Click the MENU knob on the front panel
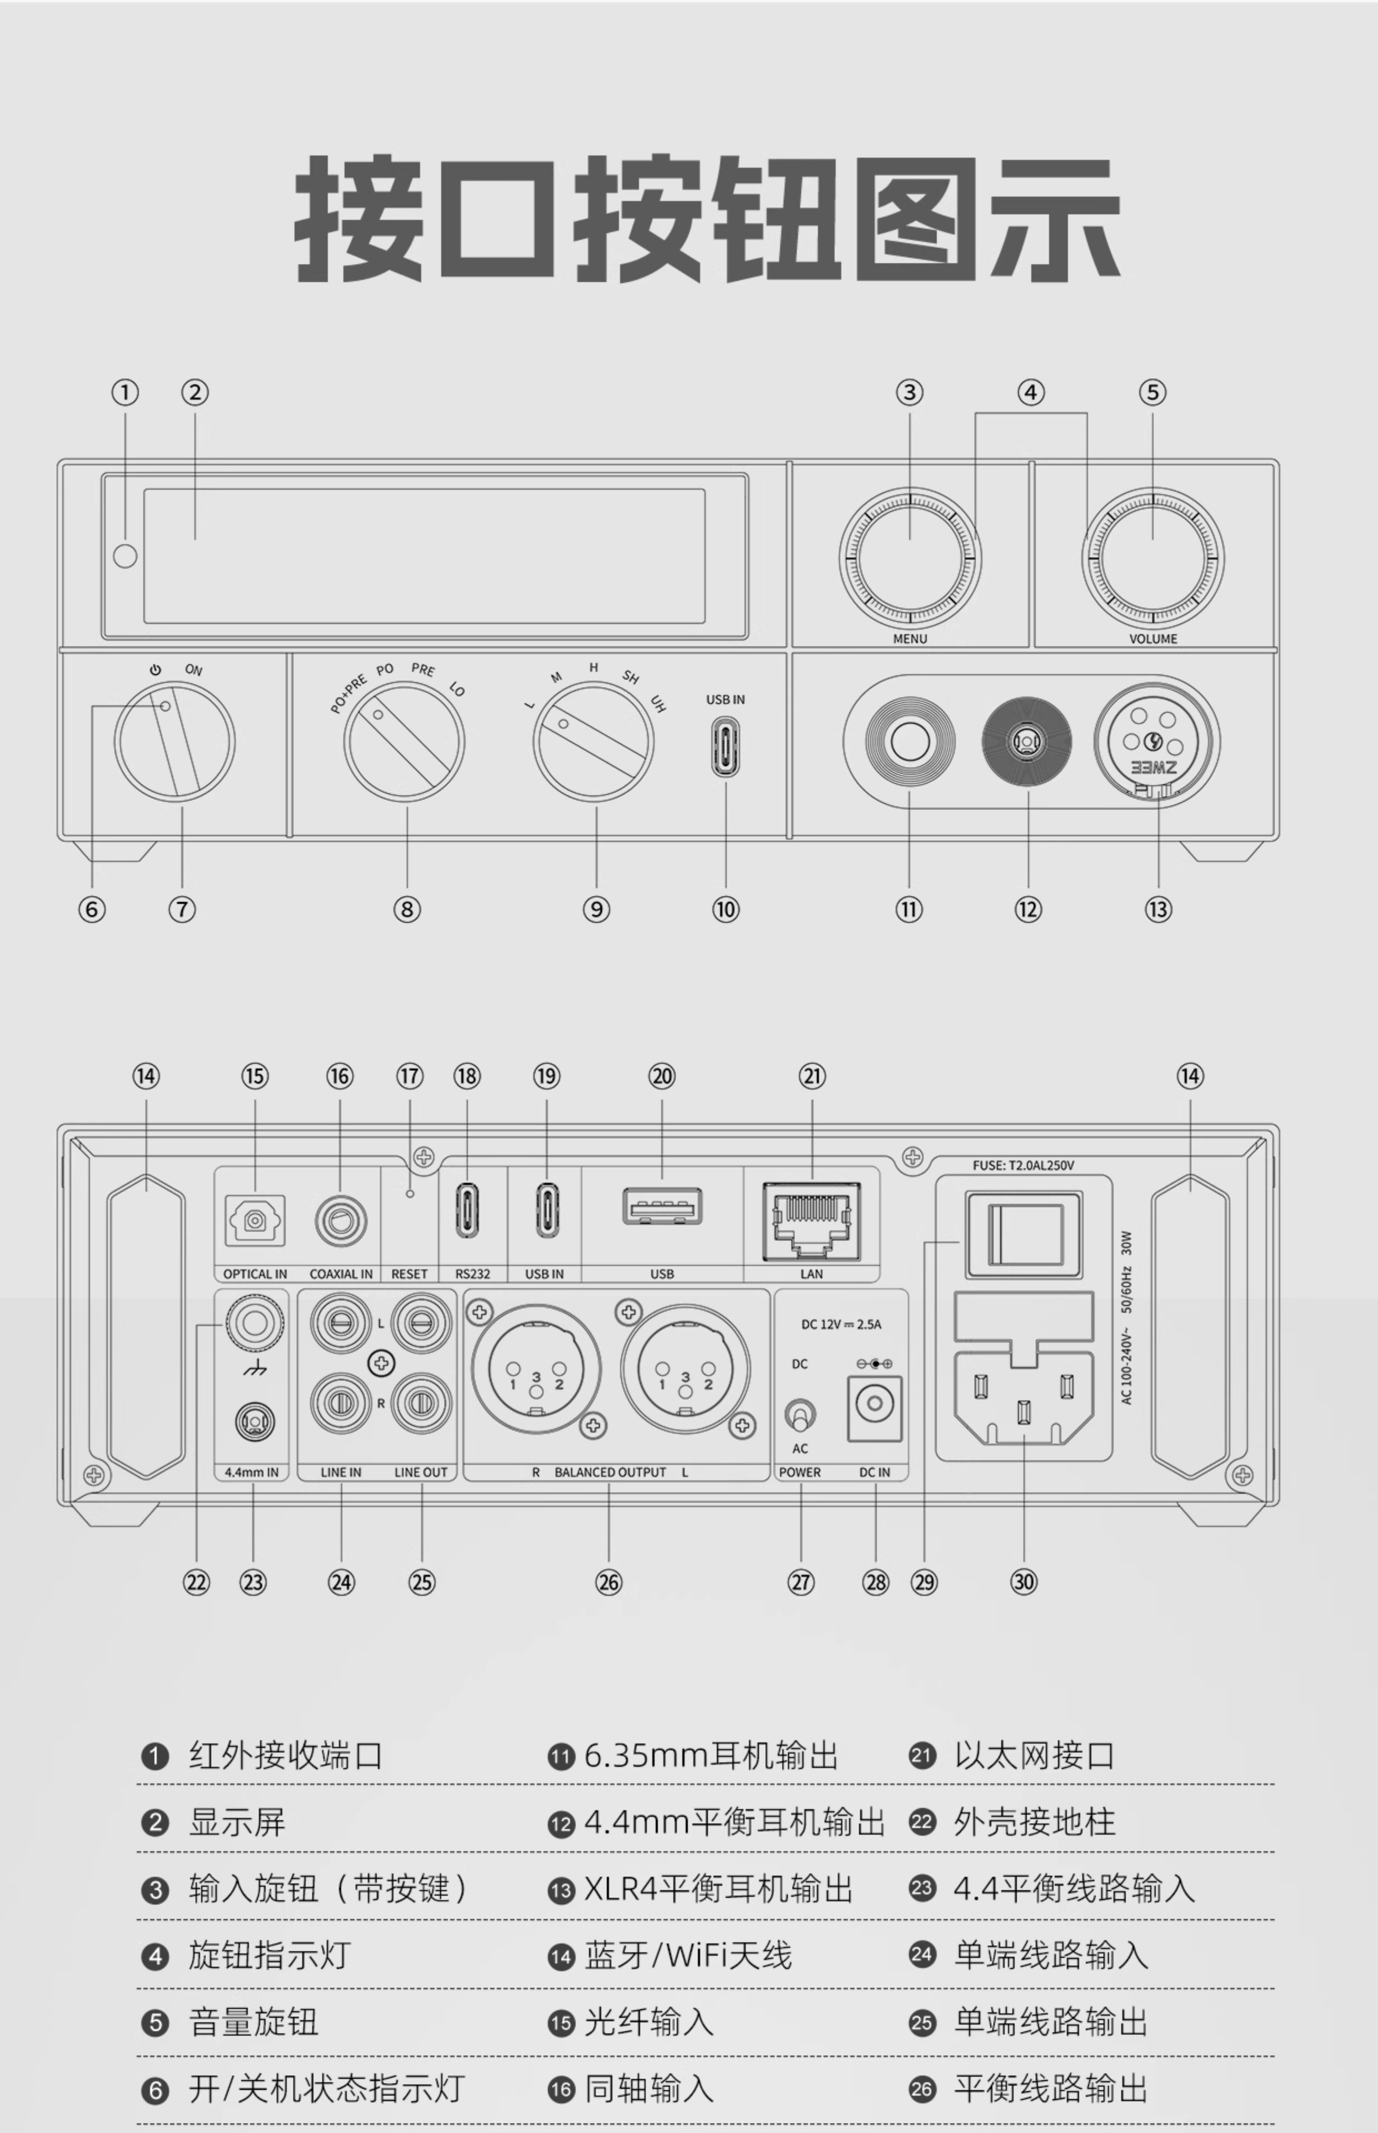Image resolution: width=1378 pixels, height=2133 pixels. tap(909, 559)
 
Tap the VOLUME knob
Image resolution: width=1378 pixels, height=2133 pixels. tap(1152, 559)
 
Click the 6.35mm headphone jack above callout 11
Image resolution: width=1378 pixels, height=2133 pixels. tap(909, 742)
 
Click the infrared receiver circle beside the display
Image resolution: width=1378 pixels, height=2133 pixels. tap(125, 556)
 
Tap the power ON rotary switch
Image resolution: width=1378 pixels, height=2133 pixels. tap(174, 742)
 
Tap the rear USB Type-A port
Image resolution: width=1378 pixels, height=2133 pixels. tap(662, 1208)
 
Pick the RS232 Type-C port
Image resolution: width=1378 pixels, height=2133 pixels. tap(467, 1213)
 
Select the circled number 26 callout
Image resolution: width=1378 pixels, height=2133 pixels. tap(608, 1582)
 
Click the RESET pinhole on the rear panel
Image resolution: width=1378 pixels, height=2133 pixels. tap(410, 1193)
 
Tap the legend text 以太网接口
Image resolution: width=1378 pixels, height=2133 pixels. tap(1033, 1756)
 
